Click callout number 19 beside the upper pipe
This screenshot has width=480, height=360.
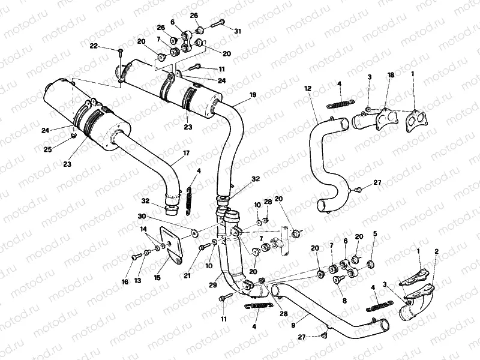coord(253,95)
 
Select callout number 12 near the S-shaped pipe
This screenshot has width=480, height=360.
coord(307,88)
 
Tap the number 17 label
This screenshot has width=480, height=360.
coord(187,154)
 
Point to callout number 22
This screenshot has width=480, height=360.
coord(94,46)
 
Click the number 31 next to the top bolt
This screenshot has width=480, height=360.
coord(238,31)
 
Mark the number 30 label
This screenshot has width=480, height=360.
coord(141,217)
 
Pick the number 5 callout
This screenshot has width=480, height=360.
coord(375,233)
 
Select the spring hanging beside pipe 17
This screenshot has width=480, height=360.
coord(190,199)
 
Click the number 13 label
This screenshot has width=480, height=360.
coord(137,280)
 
